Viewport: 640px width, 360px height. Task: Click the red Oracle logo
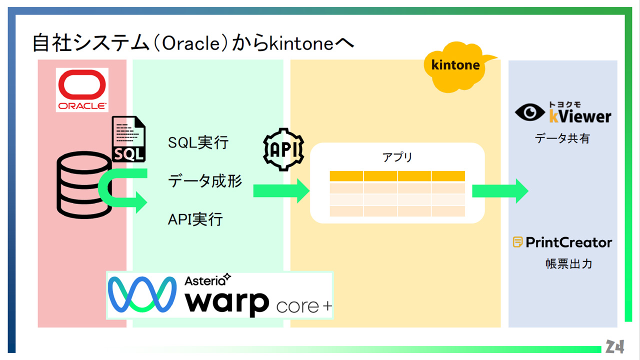(x=82, y=89)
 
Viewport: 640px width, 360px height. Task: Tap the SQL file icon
(x=129, y=139)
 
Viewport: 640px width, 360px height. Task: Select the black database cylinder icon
(x=84, y=185)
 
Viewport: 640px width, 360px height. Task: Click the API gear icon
(x=283, y=149)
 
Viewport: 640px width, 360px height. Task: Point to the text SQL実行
(x=198, y=142)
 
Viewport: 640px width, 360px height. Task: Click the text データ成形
(x=205, y=181)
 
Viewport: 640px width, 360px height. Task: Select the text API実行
(x=195, y=219)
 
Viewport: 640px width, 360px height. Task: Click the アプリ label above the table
(x=397, y=157)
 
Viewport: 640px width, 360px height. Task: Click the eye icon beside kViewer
(x=529, y=112)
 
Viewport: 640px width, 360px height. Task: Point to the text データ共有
(x=562, y=138)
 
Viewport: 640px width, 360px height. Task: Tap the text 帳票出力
(x=569, y=263)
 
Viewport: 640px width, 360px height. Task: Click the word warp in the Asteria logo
(x=227, y=302)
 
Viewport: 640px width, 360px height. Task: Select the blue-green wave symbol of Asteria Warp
(x=142, y=294)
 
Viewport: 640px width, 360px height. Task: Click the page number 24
(x=614, y=346)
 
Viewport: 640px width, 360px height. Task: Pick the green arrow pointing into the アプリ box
(x=281, y=191)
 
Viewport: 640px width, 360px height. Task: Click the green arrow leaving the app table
(x=500, y=191)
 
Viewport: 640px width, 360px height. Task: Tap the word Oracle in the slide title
(x=191, y=43)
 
